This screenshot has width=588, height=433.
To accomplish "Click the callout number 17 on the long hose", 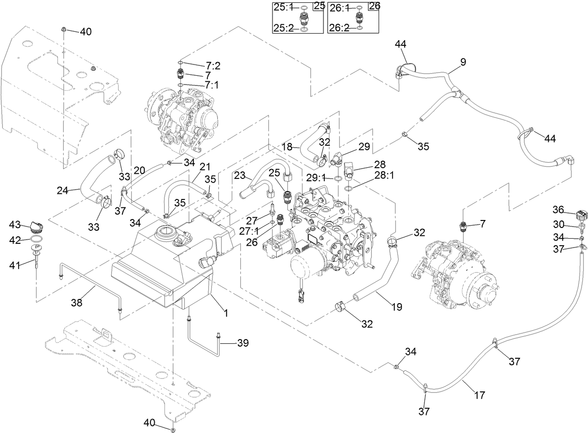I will pyautogui.click(x=479, y=395).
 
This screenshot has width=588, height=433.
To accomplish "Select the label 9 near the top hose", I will pyautogui.click(x=463, y=61).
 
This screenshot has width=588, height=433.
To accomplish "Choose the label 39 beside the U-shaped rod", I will pyautogui.click(x=242, y=343).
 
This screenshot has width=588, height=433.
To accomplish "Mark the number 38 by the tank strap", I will pyautogui.click(x=77, y=303).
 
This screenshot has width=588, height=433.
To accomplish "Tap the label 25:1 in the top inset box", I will pyautogui.click(x=283, y=8).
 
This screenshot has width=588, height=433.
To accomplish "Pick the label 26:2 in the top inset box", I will pyautogui.click(x=339, y=28).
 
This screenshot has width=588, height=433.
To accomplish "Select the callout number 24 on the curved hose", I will pyautogui.click(x=63, y=190).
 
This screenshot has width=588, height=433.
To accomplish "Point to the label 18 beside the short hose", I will pyautogui.click(x=287, y=147).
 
